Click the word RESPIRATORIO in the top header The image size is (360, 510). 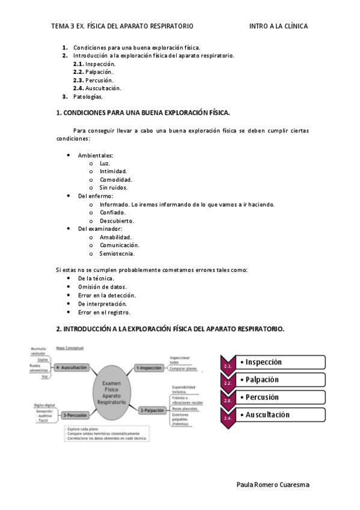click(x=171, y=26)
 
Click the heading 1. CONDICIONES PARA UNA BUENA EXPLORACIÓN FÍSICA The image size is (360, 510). click(x=143, y=112)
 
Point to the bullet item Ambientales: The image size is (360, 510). click(x=96, y=155)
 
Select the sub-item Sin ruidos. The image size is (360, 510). click(x=113, y=188)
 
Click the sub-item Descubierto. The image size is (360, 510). click(x=117, y=221)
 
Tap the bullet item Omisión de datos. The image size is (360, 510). click(x=102, y=287)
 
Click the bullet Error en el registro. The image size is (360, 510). click(x=104, y=312)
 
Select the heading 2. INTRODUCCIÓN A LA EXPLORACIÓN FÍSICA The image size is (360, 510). click(x=170, y=329)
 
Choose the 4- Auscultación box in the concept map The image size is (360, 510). click(x=72, y=367)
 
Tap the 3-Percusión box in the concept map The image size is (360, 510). click(x=75, y=415)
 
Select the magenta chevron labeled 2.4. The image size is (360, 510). click(x=228, y=419)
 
